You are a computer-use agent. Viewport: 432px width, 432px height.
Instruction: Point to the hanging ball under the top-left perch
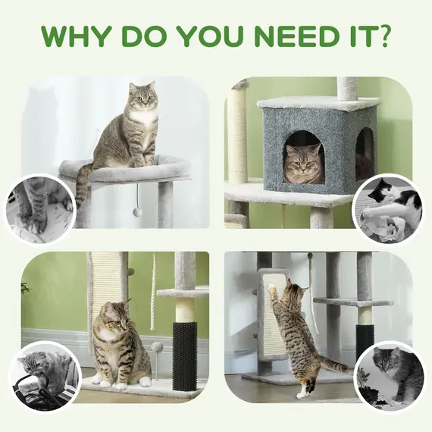pos(137,211)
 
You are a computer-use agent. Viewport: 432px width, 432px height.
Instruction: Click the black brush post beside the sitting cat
pos(184,354)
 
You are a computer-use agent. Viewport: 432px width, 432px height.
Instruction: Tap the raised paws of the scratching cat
pos(271,289)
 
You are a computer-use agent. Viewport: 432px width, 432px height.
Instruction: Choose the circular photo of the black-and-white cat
pos(388,209)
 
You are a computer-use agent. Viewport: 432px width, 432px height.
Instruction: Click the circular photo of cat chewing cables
pos(44,377)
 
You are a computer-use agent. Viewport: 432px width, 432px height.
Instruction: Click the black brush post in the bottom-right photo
pos(365,341)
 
